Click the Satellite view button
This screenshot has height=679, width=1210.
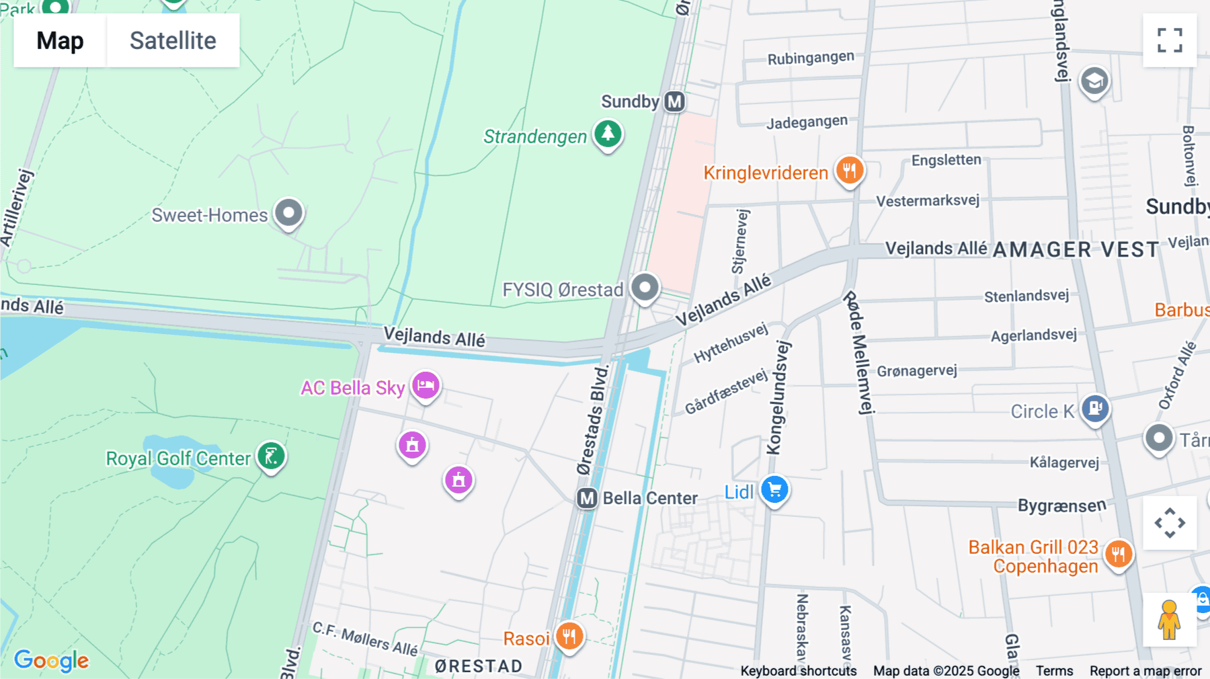pos(173,40)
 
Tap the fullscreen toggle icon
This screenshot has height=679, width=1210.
pos(1170,40)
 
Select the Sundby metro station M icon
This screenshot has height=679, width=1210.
pos(674,102)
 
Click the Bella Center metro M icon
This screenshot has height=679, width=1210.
pos(587,498)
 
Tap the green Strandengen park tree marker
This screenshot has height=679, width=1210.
pos(608,133)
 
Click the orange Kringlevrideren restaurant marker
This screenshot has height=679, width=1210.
pos(850,170)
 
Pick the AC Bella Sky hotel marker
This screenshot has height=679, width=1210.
pos(426,386)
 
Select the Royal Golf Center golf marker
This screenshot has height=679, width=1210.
pos(272,456)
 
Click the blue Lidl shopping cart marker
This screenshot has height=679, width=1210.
pos(774,489)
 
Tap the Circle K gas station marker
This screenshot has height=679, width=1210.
pos(1095,408)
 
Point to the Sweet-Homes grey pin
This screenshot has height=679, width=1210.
pos(289,213)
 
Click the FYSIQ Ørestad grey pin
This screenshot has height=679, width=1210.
pos(645,288)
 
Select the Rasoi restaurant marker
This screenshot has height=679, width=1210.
pos(569,635)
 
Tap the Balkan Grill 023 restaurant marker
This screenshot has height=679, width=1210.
pos(1119,555)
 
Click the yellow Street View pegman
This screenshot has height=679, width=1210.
pos(1169,620)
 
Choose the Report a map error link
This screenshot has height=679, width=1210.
pos(1145,671)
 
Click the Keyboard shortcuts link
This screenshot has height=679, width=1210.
pos(799,671)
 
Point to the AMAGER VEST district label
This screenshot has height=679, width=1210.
pos(1076,250)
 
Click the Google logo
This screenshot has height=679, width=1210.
pos(52,660)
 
